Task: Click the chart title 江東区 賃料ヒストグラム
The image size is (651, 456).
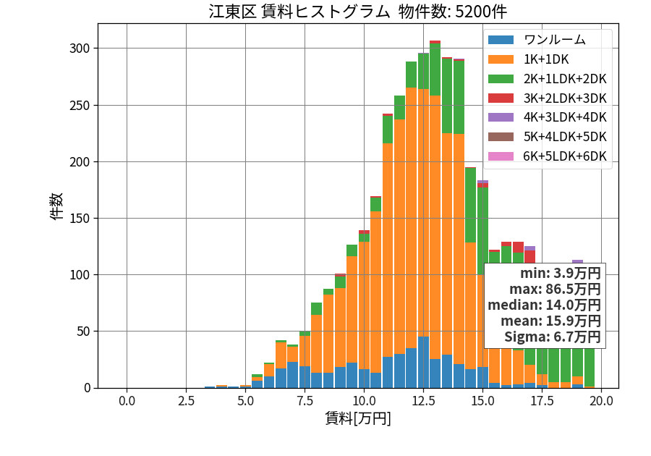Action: coord(299,12)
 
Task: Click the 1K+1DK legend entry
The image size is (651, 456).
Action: coord(528,59)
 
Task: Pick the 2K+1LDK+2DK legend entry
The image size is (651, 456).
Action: coord(548,78)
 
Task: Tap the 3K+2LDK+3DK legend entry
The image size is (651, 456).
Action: coord(548,98)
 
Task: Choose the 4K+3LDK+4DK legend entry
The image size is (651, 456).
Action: coord(548,117)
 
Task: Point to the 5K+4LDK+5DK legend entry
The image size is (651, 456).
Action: coord(548,137)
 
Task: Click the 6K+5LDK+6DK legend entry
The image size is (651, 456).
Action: coord(548,156)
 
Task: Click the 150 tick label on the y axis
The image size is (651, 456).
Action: coord(80,219)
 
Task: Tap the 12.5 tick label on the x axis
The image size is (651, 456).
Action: coord(423,401)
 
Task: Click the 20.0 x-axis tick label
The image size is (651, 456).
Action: coord(602,401)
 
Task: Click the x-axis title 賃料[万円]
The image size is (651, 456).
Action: coord(358,418)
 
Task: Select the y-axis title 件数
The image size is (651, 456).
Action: coord(56,206)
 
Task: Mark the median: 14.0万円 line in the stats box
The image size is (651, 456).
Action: coord(544,305)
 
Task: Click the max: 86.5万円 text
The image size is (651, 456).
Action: coord(555,289)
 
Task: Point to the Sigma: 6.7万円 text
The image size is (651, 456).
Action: coord(553,337)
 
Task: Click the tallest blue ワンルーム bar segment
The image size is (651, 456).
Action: coord(423,362)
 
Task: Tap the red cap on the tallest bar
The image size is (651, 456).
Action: coord(435,42)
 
